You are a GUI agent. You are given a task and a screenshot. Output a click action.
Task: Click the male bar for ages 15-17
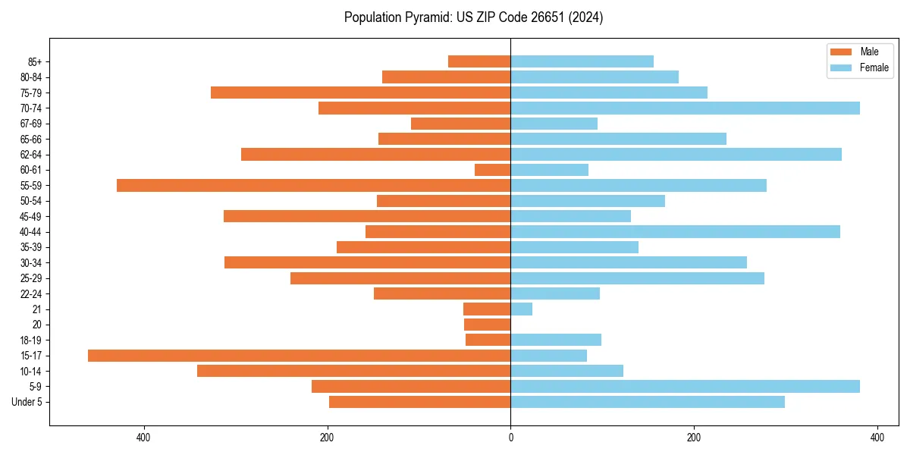pos(299,356)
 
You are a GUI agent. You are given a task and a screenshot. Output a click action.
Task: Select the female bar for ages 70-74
pos(685,108)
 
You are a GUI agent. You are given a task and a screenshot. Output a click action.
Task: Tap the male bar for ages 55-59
pos(313,185)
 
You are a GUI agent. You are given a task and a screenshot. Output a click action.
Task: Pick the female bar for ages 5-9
pos(685,387)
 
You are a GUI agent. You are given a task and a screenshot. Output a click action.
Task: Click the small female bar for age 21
pos(521,309)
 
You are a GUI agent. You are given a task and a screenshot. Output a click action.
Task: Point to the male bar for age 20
pos(487,325)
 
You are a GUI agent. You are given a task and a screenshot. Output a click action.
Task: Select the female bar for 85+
pos(582,61)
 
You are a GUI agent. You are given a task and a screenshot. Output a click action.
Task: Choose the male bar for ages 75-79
pos(360,93)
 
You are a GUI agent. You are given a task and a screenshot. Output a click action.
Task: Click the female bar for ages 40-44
pos(675,232)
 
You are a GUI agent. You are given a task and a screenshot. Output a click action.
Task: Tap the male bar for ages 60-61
pos(492,170)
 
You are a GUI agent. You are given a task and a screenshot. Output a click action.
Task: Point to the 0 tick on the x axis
pos(510,438)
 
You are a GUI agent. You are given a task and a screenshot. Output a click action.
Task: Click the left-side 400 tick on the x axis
pos(143,438)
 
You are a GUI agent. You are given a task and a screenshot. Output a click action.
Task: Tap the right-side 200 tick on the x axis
pos(693,438)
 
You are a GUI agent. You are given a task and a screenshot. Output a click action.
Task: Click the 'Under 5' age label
pos(27,402)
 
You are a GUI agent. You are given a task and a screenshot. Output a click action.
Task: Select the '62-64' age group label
pos(30,155)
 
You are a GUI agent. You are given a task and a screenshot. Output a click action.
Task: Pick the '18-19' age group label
pos(30,340)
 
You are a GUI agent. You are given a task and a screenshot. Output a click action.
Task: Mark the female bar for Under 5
pos(647,402)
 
